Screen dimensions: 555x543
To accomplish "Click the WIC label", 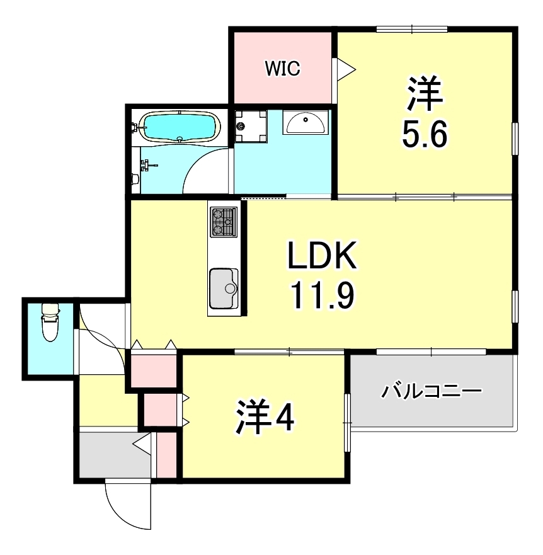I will (282, 68).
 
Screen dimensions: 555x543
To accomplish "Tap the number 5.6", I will (425, 134).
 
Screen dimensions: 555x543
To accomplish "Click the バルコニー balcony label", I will (432, 392).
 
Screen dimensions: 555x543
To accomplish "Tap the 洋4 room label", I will (265, 416).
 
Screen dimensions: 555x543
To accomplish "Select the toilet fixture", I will (49, 321).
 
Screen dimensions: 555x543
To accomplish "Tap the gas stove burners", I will (223, 222).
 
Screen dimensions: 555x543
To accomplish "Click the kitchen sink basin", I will (223, 287).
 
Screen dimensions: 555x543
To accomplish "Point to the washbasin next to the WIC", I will (305, 123).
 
